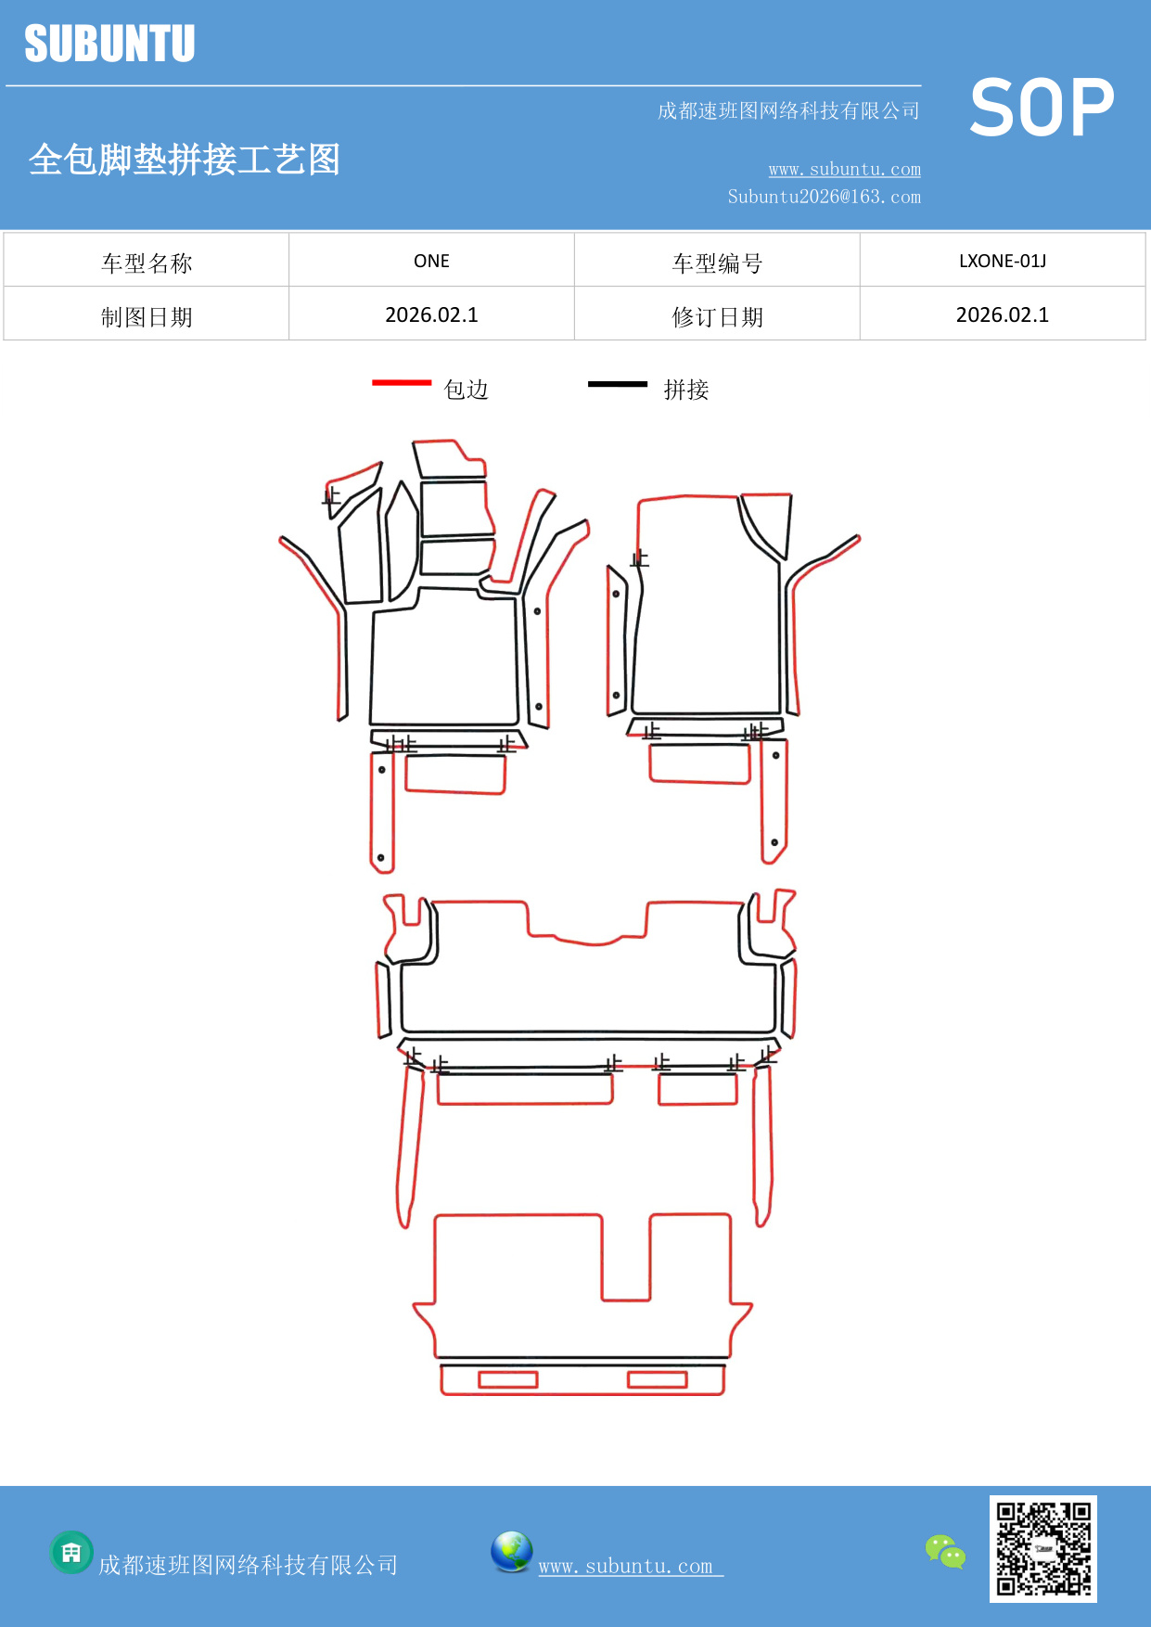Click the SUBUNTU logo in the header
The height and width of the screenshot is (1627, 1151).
(109, 44)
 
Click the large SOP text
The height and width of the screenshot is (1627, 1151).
(1042, 109)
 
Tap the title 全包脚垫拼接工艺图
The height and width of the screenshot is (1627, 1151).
(184, 160)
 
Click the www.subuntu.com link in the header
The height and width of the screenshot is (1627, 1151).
(844, 169)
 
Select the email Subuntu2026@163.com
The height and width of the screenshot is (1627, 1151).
(824, 197)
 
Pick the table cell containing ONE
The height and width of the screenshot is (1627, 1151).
(431, 261)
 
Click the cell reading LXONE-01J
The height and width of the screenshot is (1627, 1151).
(1002, 261)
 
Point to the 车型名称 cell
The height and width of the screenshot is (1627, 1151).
(147, 263)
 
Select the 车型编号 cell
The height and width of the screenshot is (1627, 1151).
(717, 263)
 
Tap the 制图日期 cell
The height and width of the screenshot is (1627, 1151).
(147, 317)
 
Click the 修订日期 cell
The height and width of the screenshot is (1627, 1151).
(717, 317)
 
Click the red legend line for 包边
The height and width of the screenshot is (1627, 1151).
(402, 382)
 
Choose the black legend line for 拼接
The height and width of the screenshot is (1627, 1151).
(618, 383)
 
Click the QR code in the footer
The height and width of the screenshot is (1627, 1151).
(1043, 1548)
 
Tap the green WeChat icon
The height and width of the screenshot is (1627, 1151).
(945, 1552)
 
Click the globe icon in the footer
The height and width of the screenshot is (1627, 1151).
(511, 1552)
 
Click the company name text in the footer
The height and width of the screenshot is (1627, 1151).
(248, 1565)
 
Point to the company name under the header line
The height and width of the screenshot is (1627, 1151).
(788, 111)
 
